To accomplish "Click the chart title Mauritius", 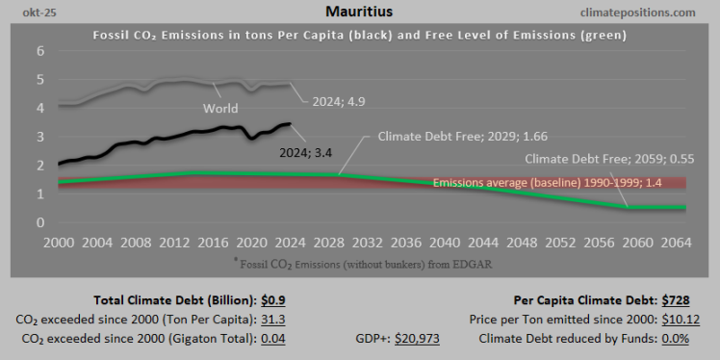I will coord(359,13).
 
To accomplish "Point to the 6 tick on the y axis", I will coord(40,51).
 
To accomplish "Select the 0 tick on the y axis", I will coord(40,222).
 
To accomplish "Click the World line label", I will coord(220,109).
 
